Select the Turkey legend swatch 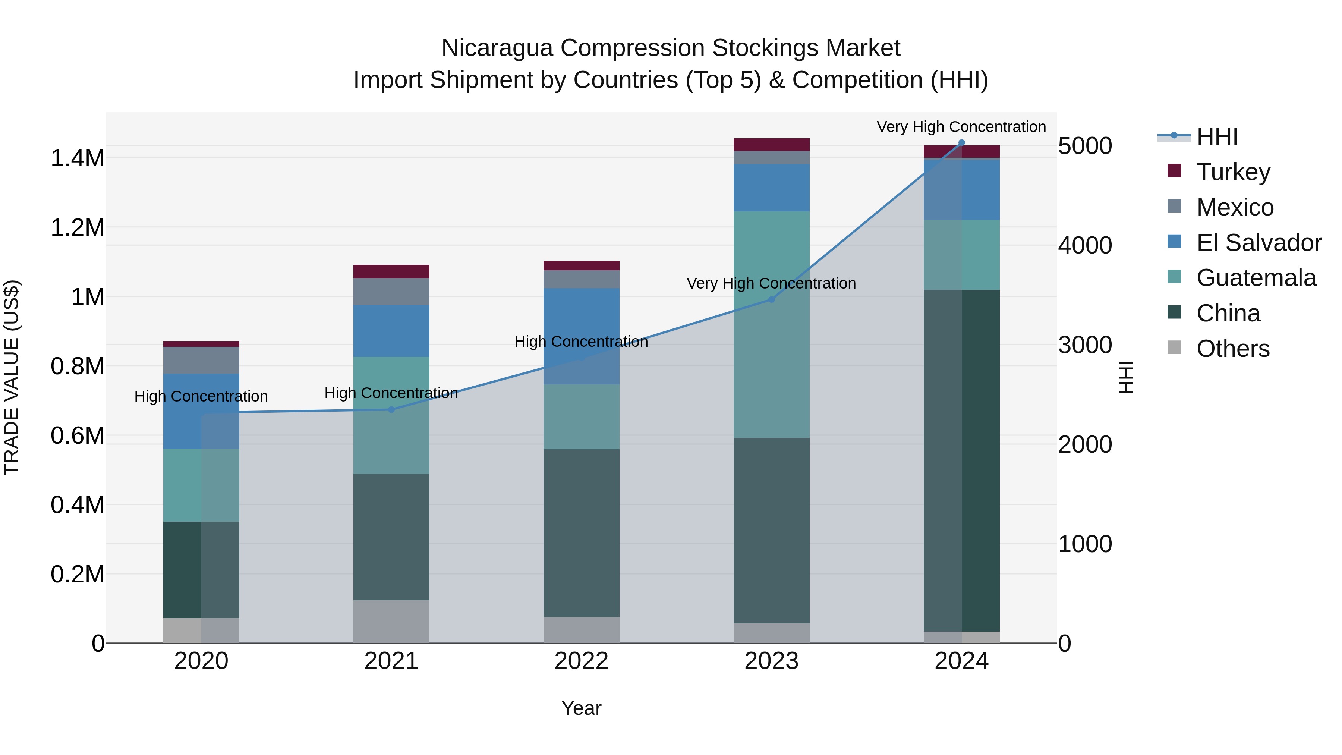[x=1174, y=171]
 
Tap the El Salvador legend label [x=1258, y=243]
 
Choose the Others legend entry [x=1233, y=349]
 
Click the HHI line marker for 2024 [x=962, y=143]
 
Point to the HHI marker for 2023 [x=772, y=300]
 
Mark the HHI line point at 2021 [x=391, y=409]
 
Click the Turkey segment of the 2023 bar [x=772, y=144]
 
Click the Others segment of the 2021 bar [x=391, y=621]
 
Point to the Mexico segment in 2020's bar [x=201, y=360]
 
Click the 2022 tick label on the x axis [x=582, y=661]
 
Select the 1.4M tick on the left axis [x=77, y=158]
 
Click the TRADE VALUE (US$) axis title [x=12, y=377]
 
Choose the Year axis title [x=582, y=708]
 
